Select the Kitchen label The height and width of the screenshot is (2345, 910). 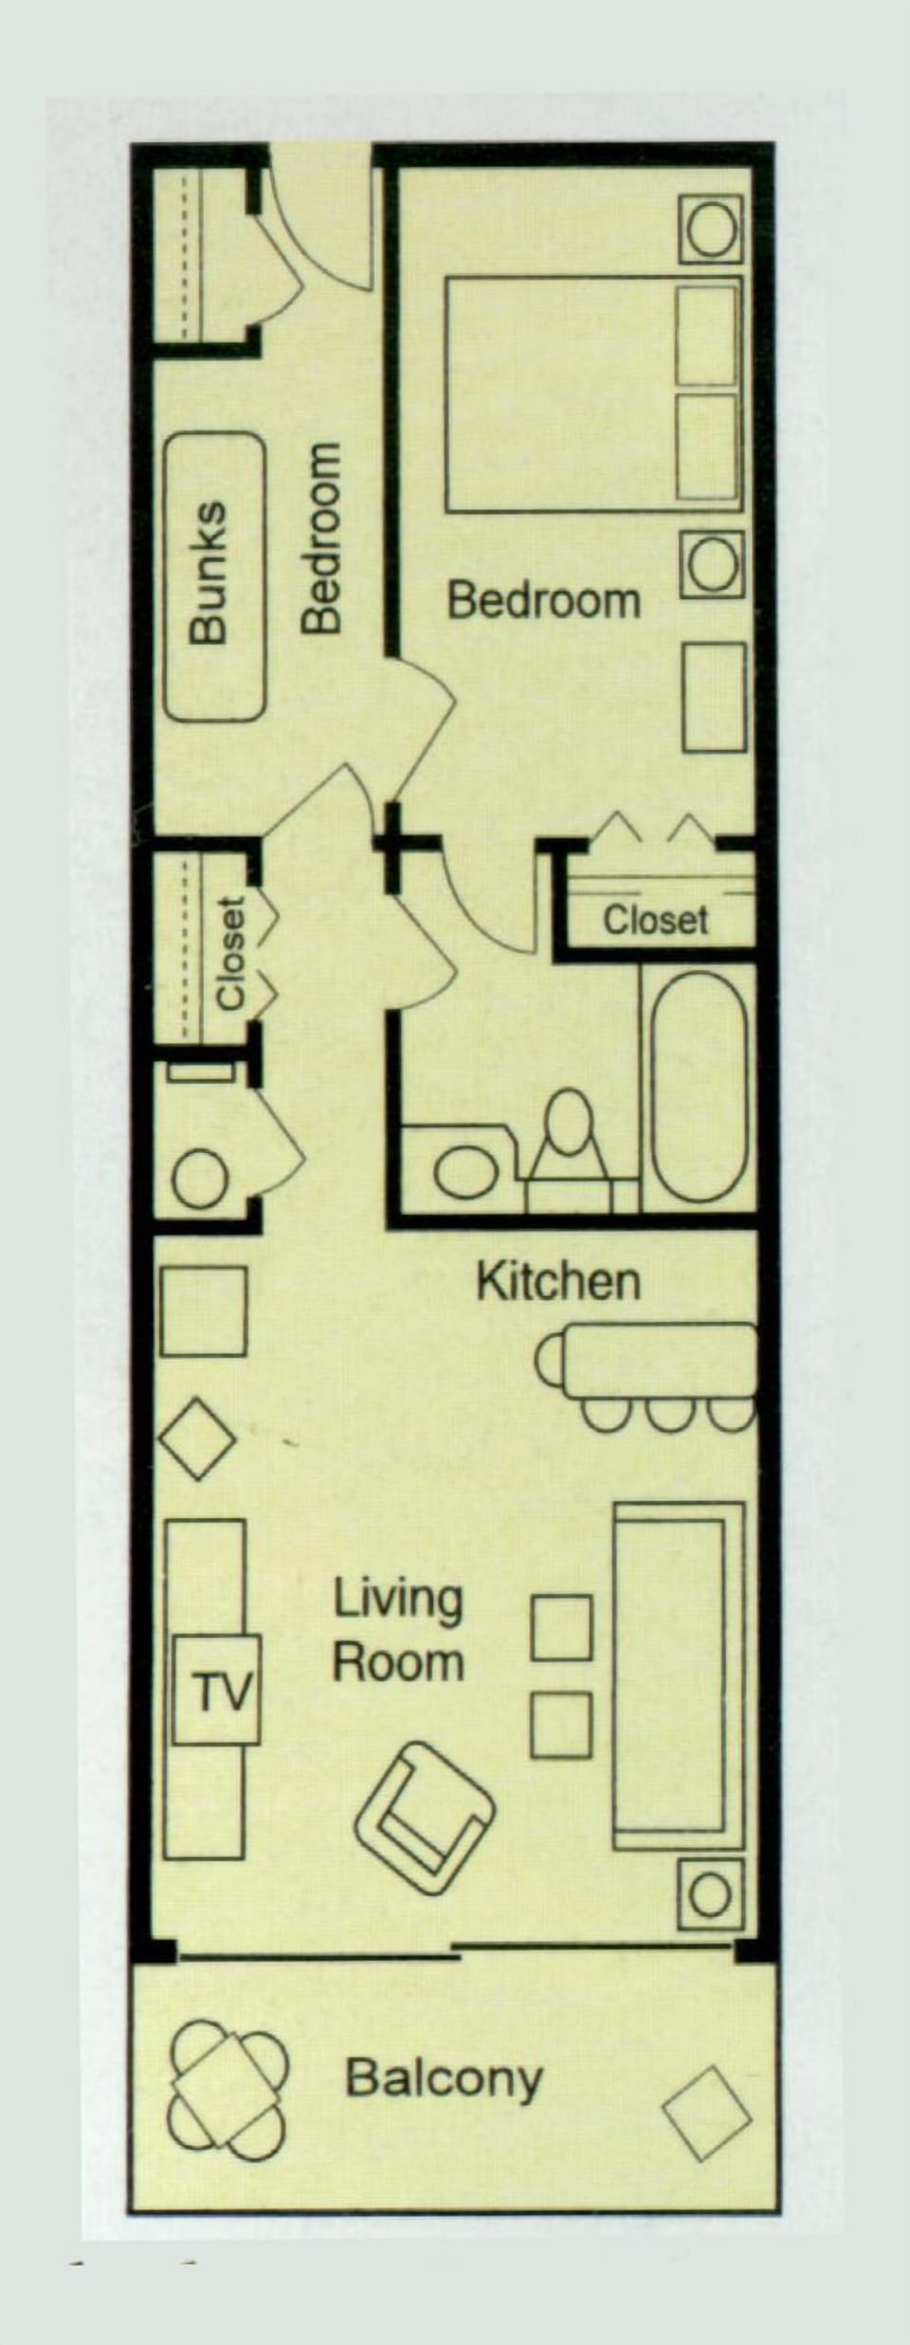click(x=557, y=1282)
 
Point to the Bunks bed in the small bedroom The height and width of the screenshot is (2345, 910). click(x=214, y=577)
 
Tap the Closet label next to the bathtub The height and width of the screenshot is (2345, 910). click(x=655, y=920)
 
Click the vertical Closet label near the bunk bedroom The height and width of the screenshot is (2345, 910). click(x=231, y=952)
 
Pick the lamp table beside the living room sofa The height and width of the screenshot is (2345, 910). click(x=710, y=1896)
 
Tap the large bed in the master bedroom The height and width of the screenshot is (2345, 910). click(x=592, y=394)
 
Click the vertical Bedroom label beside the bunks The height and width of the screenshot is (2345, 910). click(x=320, y=537)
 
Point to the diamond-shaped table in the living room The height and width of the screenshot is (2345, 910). click(x=197, y=1439)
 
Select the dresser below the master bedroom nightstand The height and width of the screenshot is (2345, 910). click(x=715, y=697)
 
